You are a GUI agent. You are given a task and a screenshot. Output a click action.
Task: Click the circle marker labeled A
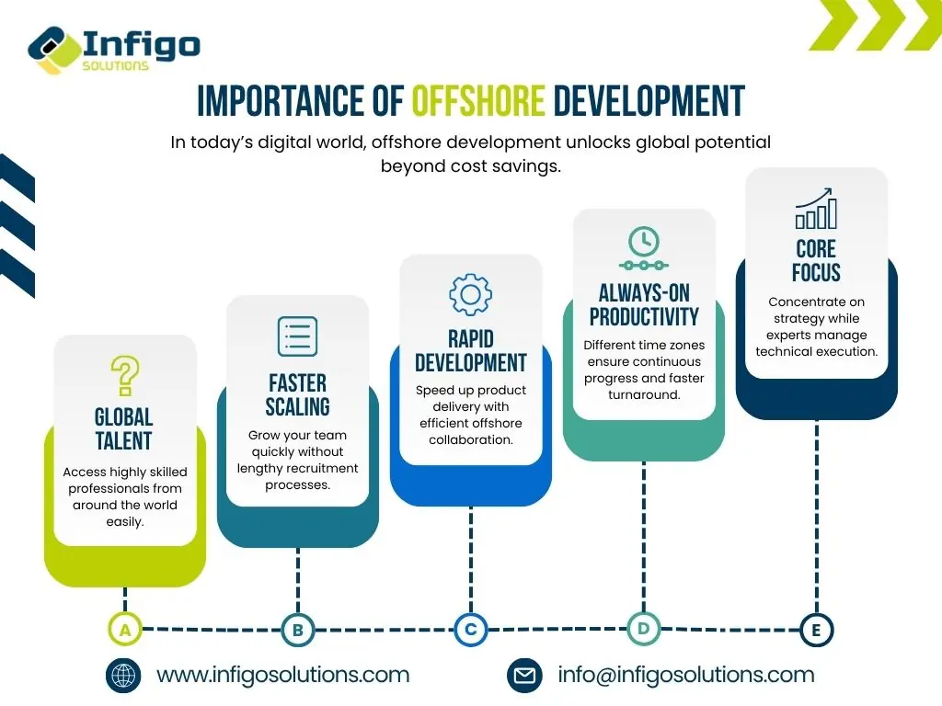(125, 630)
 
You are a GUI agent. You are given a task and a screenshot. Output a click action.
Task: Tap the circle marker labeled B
(298, 630)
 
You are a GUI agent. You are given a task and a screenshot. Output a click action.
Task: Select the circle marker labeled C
(471, 629)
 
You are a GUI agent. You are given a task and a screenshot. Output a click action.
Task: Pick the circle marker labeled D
(643, 629)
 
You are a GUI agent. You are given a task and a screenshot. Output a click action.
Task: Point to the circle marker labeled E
(817, 630)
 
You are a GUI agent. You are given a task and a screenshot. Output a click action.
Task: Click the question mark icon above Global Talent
(125, 376)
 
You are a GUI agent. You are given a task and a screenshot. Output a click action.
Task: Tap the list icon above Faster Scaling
(297, 336)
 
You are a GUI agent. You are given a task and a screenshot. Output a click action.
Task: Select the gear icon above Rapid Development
(470, 294)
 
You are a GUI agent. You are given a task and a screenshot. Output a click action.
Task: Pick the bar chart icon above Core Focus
(816, 209)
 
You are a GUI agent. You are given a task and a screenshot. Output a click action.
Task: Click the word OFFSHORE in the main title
(478, 100)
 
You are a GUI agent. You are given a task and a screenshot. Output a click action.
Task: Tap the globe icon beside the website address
(123, 676)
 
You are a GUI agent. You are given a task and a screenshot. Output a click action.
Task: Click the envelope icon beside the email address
(524, 676)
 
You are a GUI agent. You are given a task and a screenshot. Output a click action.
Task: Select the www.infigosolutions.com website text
(283, 675)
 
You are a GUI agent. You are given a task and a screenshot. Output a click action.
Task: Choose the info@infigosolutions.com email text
(686, 675)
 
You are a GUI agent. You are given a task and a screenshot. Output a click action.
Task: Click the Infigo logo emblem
(54, 51)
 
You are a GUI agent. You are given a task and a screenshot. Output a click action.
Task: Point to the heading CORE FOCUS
(816, 260)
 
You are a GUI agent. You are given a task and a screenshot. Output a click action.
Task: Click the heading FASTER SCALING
(297, 394)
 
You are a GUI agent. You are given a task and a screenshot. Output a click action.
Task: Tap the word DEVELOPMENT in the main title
(649, 100)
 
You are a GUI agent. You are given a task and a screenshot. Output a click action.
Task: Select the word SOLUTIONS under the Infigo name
(115, 65)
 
